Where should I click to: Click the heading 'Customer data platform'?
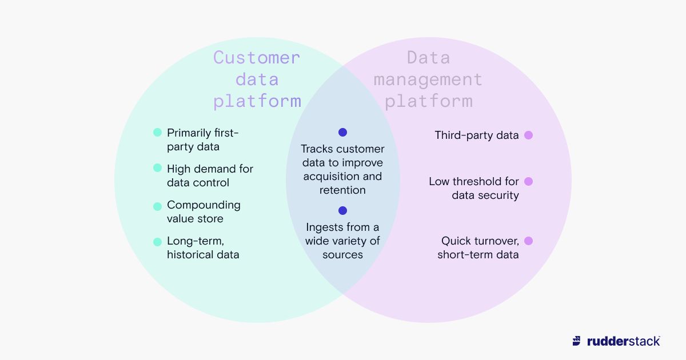click(257, 79)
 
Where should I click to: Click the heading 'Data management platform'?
click(428, 79)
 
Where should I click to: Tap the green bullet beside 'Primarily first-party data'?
click(157, 133)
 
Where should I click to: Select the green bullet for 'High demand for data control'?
click(157, 168)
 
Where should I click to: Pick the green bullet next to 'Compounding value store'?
click(157, 206)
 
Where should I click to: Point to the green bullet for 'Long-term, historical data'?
click(157, 242)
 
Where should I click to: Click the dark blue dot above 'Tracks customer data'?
click(342, 132)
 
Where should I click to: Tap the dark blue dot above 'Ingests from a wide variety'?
click(342, 210)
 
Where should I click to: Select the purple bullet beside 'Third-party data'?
click(528, 135)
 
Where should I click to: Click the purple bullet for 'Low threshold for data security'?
click(528, 181)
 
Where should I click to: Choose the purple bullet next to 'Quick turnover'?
click(528, 241)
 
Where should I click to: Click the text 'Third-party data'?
click(477, 135)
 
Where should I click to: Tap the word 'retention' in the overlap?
click(342, 190)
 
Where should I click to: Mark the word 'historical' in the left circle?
click(196, 255)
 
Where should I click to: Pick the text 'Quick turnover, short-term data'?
click(478, 248)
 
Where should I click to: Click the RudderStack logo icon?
click(577, 341)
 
